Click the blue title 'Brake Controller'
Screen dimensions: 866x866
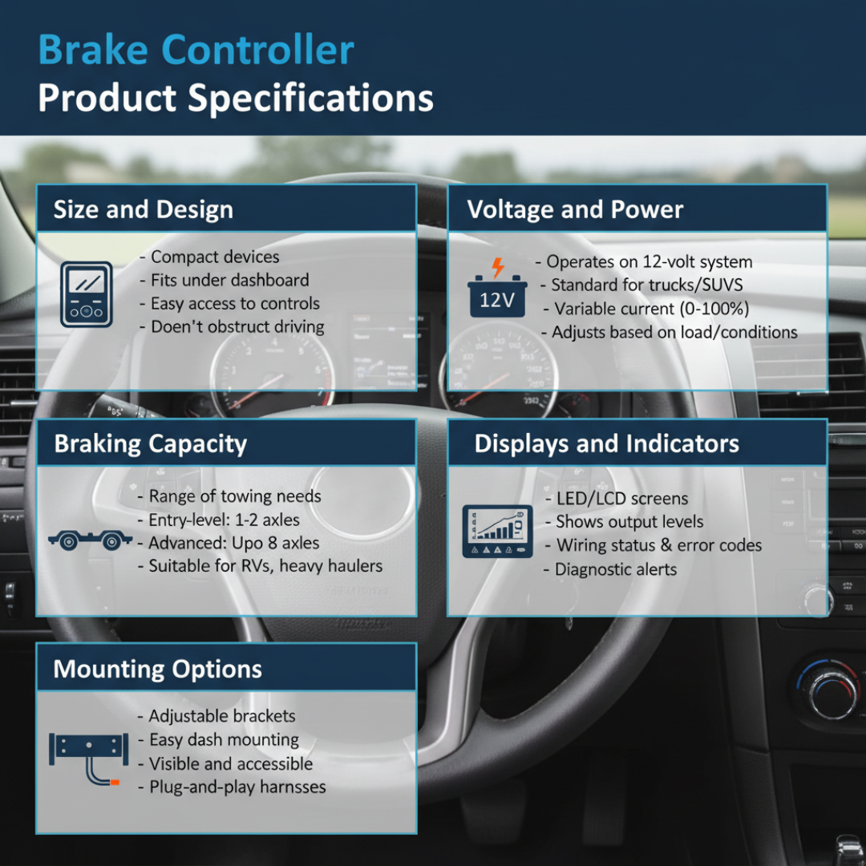coord(196,50)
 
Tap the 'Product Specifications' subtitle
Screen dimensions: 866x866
coord(236,99)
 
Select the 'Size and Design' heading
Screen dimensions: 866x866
coord(143,210)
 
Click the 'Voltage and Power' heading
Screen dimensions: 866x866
coord(575,210)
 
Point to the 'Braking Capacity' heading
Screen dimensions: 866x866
coord(150,443)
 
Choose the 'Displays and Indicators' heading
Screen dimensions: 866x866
coord(606,443)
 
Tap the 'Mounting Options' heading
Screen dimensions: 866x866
coord(157,669)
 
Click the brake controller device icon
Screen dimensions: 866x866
coord(87,293)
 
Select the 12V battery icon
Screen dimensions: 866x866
coord(498,297)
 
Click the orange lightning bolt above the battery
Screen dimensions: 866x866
coord(498,267)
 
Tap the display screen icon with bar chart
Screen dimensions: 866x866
coord(497,531)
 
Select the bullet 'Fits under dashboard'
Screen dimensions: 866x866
coord(229,280)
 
